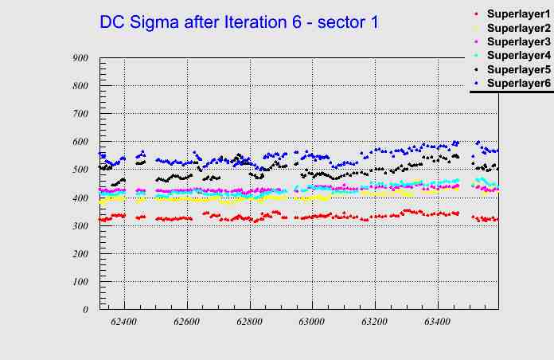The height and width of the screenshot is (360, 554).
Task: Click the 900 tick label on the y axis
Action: coord(80,58)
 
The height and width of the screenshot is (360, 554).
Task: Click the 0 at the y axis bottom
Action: coord(85,309)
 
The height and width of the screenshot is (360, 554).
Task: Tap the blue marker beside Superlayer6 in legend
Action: coord(475,83)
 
